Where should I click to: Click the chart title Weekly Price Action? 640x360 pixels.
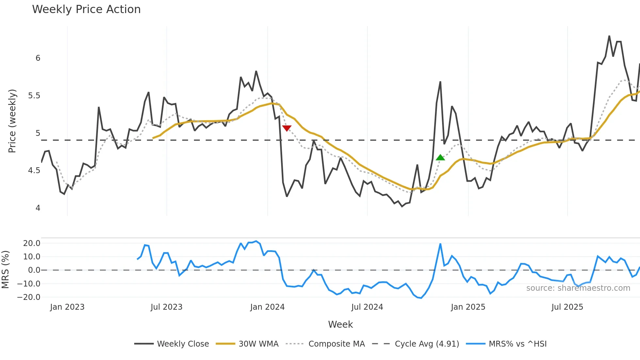86,9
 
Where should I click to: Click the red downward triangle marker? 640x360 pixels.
287,128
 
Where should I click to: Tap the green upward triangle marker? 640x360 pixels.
440,158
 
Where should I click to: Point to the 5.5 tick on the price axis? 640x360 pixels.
34,96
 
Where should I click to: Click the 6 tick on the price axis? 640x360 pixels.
38,58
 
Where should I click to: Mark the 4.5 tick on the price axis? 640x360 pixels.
34,171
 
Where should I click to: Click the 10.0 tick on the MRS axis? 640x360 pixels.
32,257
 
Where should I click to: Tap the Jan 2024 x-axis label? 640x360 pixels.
267,307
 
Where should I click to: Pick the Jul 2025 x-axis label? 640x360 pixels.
567,307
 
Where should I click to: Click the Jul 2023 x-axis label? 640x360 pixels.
167,307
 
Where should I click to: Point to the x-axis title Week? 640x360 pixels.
340,324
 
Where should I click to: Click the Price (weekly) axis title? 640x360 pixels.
12,121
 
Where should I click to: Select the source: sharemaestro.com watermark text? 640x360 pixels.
578,288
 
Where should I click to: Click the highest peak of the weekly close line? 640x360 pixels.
609,36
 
